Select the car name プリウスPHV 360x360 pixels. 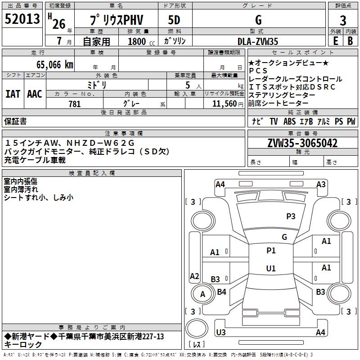116,20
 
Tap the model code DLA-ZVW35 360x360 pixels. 258,41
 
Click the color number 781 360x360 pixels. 75,104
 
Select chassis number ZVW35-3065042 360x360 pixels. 302,144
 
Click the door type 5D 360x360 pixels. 174,20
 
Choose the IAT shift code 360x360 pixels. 13,94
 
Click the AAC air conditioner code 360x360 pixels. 35,94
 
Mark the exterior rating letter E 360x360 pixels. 335,41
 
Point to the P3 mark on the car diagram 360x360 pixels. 291,216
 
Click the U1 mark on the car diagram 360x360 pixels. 271,269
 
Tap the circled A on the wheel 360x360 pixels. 202,294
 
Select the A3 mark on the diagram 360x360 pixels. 321,184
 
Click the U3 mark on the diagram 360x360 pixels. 221,333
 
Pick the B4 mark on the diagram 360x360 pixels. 221,292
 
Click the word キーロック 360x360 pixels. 23,345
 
